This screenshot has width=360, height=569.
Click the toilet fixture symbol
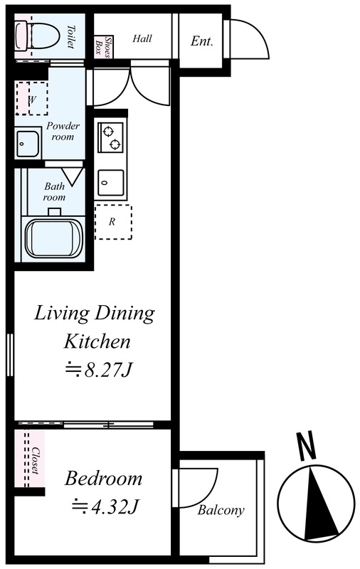coord(38,35)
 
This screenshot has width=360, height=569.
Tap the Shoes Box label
coord(103,46)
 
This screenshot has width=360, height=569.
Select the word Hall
coord(142,38)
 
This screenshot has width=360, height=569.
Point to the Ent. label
coord(201,41)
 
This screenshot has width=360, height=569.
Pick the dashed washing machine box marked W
coord(31,98)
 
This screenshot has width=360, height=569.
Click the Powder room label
coord(63,132)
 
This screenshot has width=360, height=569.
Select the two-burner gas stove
coord(110,137)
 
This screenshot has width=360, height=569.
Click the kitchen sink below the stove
coord(110,182)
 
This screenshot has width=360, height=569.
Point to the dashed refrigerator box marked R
coord(113,222)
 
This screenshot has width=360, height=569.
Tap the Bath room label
coord(55,191)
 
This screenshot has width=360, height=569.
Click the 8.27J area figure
coord(97,370)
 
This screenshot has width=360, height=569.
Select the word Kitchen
coord(97,341)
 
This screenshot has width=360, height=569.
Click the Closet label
coord(36,459)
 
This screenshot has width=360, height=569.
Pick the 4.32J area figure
coord(105,506)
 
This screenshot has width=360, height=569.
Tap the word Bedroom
coord(103,478)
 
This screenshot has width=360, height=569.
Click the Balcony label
coord(221,510)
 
